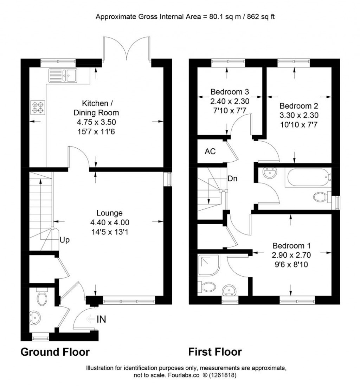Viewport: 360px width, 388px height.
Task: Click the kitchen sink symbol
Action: [64, 75]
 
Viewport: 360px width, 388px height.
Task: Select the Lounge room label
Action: [110, 213]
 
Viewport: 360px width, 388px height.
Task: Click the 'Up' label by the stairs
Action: [65, 240]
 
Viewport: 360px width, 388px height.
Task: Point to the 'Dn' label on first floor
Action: [232, 178]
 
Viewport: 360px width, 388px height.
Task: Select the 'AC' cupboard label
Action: [210, 152]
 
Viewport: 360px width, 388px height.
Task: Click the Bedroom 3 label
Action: [230, 92]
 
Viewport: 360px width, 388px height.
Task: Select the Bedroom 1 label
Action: [291, 245]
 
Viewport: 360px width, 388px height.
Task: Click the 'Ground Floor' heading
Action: [55, 352]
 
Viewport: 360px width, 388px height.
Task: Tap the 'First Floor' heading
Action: [215, 352]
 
